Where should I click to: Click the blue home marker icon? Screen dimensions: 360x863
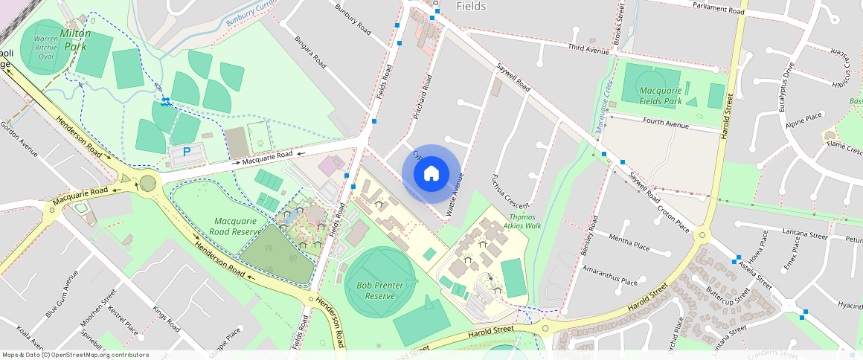[x=431, y=174]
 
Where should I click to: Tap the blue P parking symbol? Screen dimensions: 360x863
[x=187, y=151]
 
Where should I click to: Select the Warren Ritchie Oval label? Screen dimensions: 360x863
[x=46, y=47]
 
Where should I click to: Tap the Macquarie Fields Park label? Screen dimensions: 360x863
[x=661, y=95]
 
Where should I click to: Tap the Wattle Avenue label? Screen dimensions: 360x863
[x=455, y=196]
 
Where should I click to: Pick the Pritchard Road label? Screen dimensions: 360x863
[x=422, y=97]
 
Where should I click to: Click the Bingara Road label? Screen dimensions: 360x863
[x=310, y=51]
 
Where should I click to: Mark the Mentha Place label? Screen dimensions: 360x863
[x=629, y=243]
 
